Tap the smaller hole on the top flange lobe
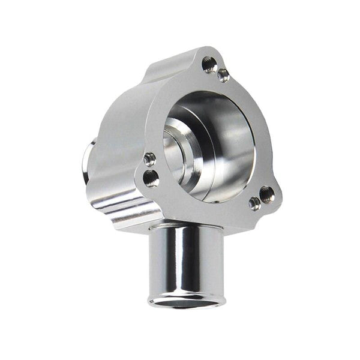point(223,75)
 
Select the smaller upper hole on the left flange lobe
point(149,159)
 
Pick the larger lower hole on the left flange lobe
point(152,178)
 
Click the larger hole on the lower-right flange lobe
point(266,194)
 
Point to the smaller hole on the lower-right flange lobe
point(254,203)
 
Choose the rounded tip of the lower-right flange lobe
point(277,198)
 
